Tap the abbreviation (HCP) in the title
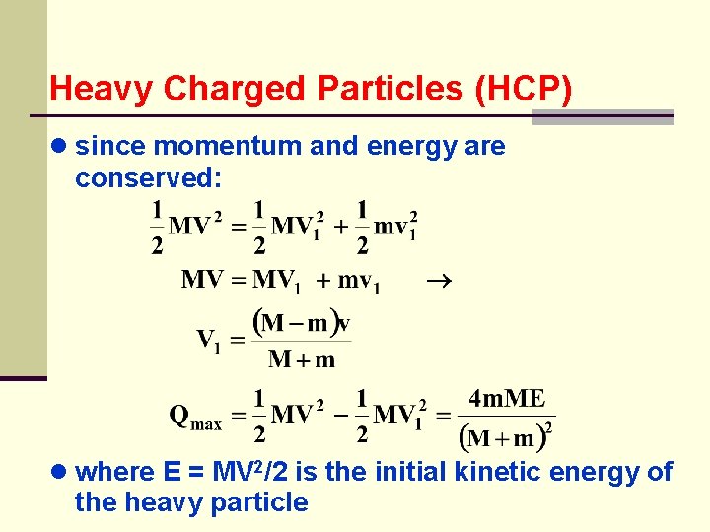pyautogui.click(x=523, y=90)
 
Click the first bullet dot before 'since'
pyautogui.click(x=58, y=148)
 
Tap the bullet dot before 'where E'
pyautogui.click(x=58, y=473)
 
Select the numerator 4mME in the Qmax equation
pyautogui.click(x=507, y=399)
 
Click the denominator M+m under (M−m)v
pyautogui.click(x=302, y=360)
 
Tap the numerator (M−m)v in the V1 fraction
pyautogui.click(x=302, y=321)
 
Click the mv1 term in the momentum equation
pyautogui.click(x=359, y=281)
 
